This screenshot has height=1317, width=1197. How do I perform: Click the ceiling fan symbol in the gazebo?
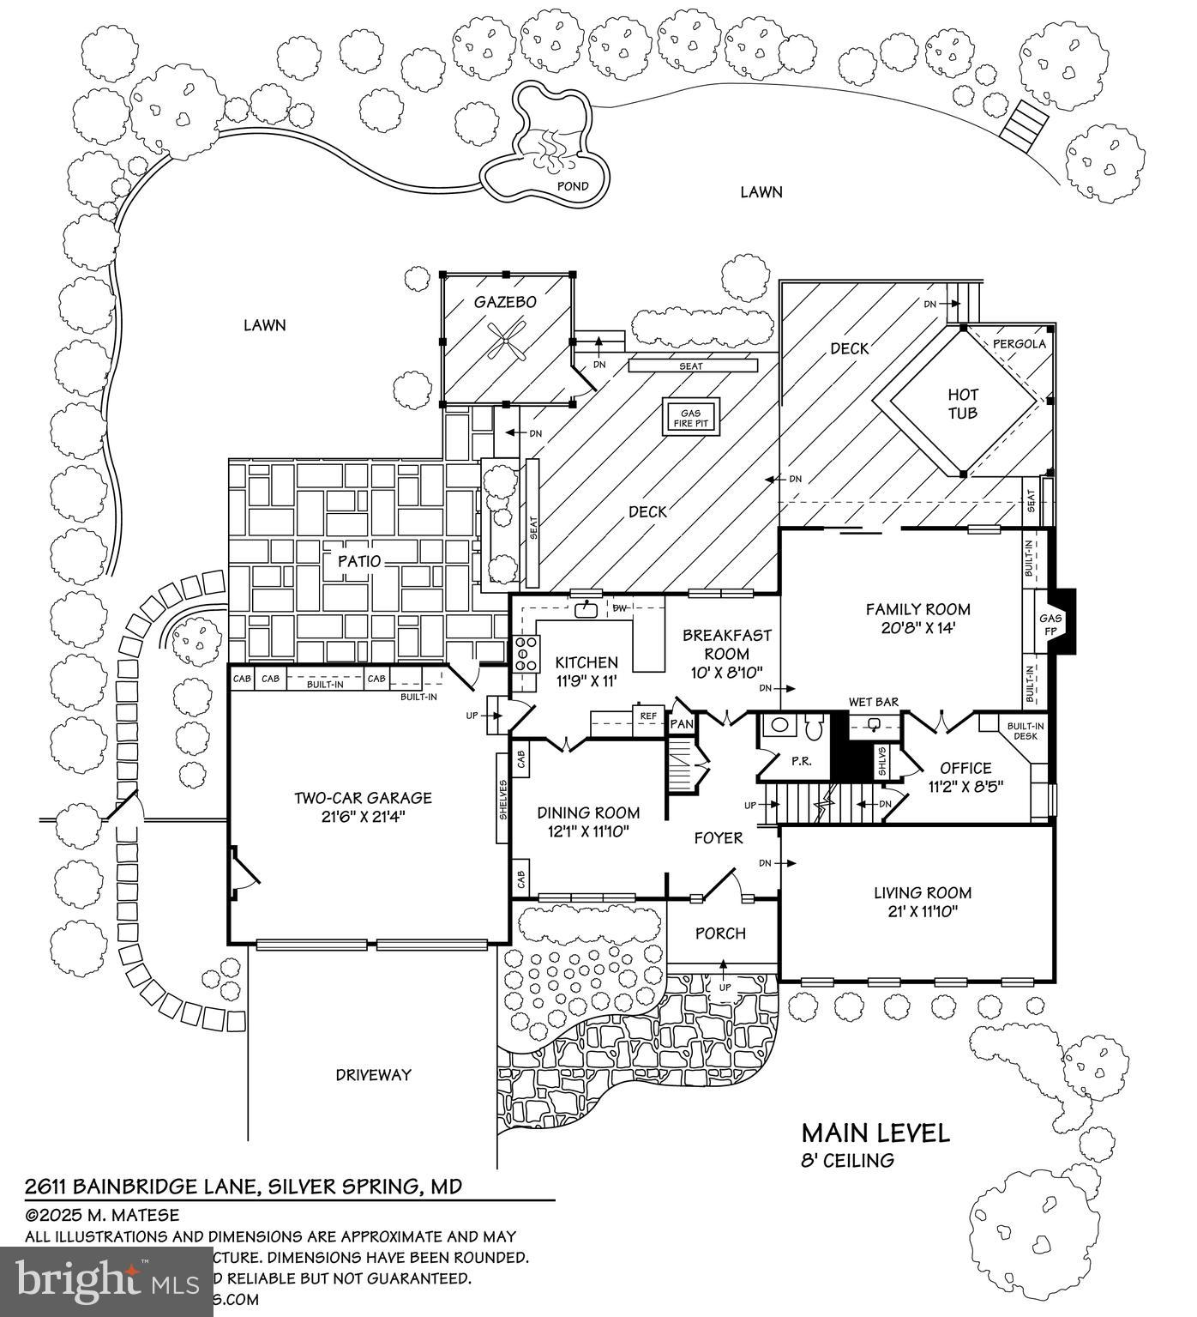[506, 340]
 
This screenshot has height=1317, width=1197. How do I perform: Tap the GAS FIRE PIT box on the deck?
[690, 418]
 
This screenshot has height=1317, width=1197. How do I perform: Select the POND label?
[573, 186]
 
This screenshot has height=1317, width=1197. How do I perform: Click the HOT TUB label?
[963, 403]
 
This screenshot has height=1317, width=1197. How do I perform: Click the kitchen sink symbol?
[587, 609]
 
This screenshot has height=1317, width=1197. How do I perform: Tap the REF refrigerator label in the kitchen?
[648, 716]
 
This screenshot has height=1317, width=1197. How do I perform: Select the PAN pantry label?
[682, 724]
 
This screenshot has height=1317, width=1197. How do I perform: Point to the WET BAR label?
[874, 702]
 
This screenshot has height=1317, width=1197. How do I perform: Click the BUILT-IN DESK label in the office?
[1025, 730]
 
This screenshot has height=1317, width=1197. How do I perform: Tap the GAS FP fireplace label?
[1050, 624]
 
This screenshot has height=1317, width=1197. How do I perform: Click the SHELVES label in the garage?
[503, 799]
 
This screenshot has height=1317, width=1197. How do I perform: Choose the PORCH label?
[720, 933]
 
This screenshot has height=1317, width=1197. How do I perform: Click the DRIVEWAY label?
[373, 1074]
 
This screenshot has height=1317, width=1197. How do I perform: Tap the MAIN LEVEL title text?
[875, 1133]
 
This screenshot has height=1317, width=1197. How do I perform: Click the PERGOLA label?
[1019, 344]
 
